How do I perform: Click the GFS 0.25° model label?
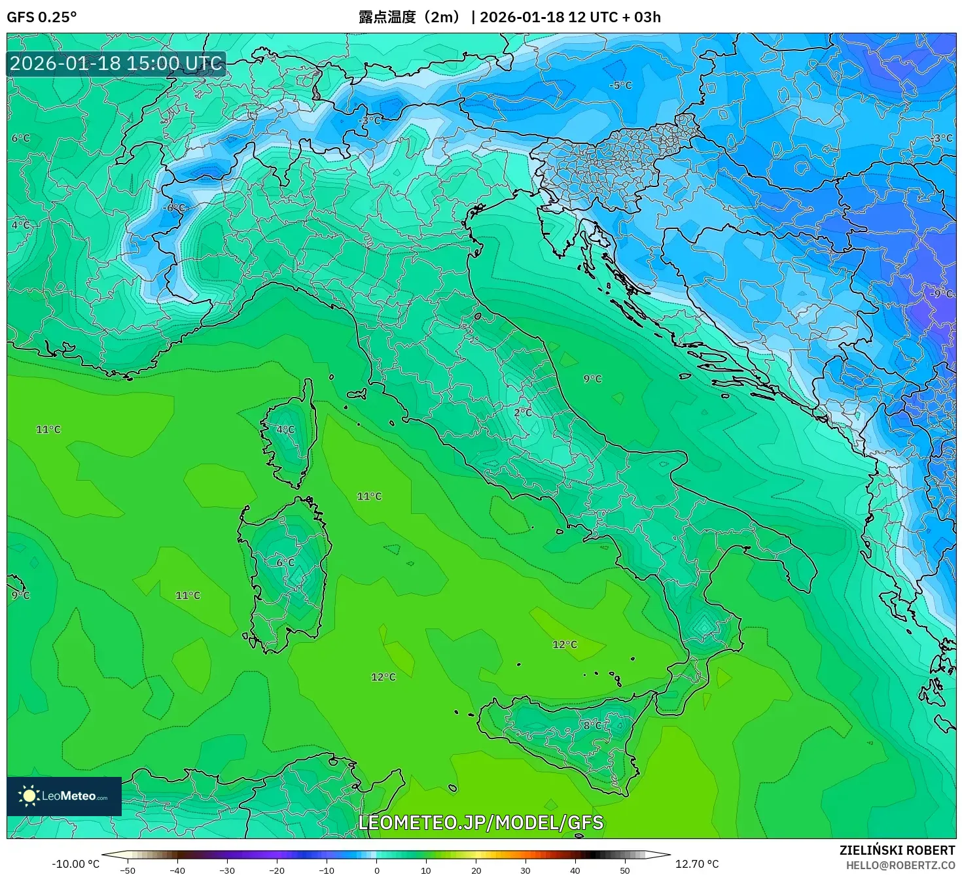pyautogui.click(x=41, y=17)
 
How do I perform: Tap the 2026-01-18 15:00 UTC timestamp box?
pyautogui.click(x=116, y=63)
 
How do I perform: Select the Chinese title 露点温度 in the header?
pyautogui.click(x=387, y=17)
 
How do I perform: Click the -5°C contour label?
pyautogui.click(x=620, y=86)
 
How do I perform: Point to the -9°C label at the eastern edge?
pyautogui.click(x=941, y=294)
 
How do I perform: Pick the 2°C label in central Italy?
pyautogui.click(x=523, y=413)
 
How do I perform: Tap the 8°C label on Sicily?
pyautogui.click(x=594, y=725)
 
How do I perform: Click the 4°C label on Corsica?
pyautogui.click(x=285, y=430)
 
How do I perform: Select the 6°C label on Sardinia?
pyautogui.click(x=285, y=562)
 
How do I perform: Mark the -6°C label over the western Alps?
pyautogui.click(x=174, y=208)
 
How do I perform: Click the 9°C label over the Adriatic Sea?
pyautogui.click(x=592, y=379)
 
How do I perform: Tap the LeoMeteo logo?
pyautogui.click(x=64, y=796)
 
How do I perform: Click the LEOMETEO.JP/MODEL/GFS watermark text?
pyautogui.click(x=481, y=823)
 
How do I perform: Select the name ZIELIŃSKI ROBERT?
pyautogui.click(x=897, y=850)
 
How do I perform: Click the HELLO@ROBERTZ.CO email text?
pyautogui.click(x=900, y=865)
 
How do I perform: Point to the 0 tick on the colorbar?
pyautogui.click(x=376, y=870)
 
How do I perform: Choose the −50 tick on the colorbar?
pyautogui.click(x=128, y=870)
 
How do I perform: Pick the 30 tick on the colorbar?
pyautogui.click(x=526, y=870)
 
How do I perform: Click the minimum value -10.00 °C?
pyautogui.click(x=75, y=864)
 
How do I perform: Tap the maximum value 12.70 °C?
pyautogui.click(x=697, y=864)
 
